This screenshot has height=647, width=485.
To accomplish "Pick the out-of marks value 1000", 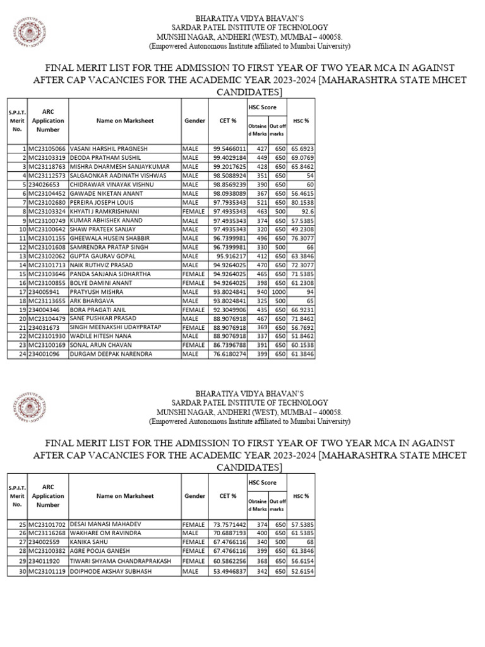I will (277, 293).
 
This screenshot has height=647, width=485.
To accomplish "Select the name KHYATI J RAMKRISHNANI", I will (104, 211).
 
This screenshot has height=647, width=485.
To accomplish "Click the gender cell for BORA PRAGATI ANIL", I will (193, 311).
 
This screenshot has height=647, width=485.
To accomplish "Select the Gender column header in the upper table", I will (195, 120).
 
